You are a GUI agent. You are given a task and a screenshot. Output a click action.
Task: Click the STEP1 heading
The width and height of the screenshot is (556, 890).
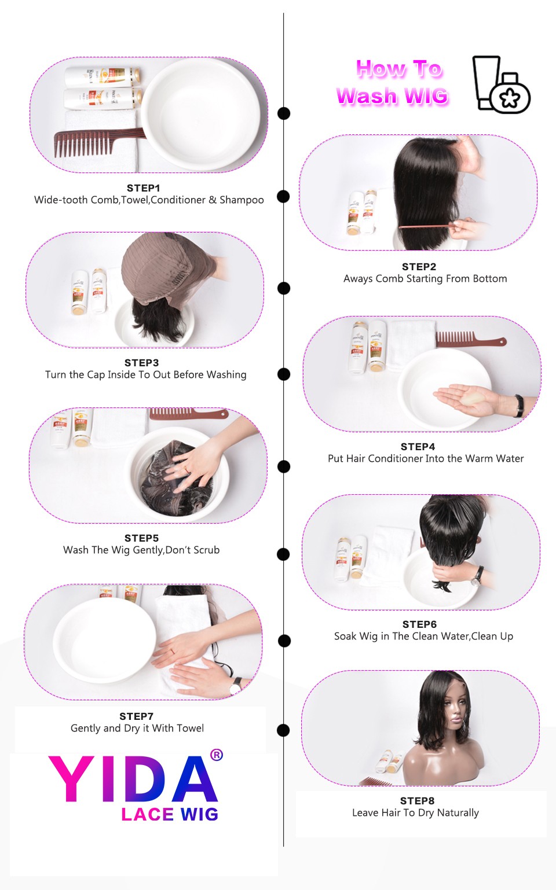[x=143, y=188]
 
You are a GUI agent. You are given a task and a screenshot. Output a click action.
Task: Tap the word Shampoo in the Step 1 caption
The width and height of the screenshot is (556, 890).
[x=242, y=200]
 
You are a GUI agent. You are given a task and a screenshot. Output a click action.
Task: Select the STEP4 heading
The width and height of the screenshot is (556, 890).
[x=418, y=447]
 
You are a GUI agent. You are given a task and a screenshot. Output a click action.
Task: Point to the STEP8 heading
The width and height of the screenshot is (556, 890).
[x=417, y=801]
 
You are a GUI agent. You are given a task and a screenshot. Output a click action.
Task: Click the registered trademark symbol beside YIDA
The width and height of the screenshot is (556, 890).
[x=217, y=755]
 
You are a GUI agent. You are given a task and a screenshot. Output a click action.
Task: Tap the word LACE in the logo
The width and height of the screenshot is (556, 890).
[x=148, y=814]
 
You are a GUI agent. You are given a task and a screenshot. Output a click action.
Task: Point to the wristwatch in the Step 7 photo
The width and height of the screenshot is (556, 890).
[x=236, y=685]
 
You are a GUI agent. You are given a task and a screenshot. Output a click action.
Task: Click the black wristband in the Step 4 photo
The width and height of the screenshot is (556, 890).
[x=518, y=405]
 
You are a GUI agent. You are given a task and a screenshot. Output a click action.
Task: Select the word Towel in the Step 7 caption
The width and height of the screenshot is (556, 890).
[x=190, y=728]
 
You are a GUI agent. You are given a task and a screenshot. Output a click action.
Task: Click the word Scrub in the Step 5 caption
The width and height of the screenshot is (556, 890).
[x=206, y=550]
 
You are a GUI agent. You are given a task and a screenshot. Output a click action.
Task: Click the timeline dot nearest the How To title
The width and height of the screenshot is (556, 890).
[x=284, y=113]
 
